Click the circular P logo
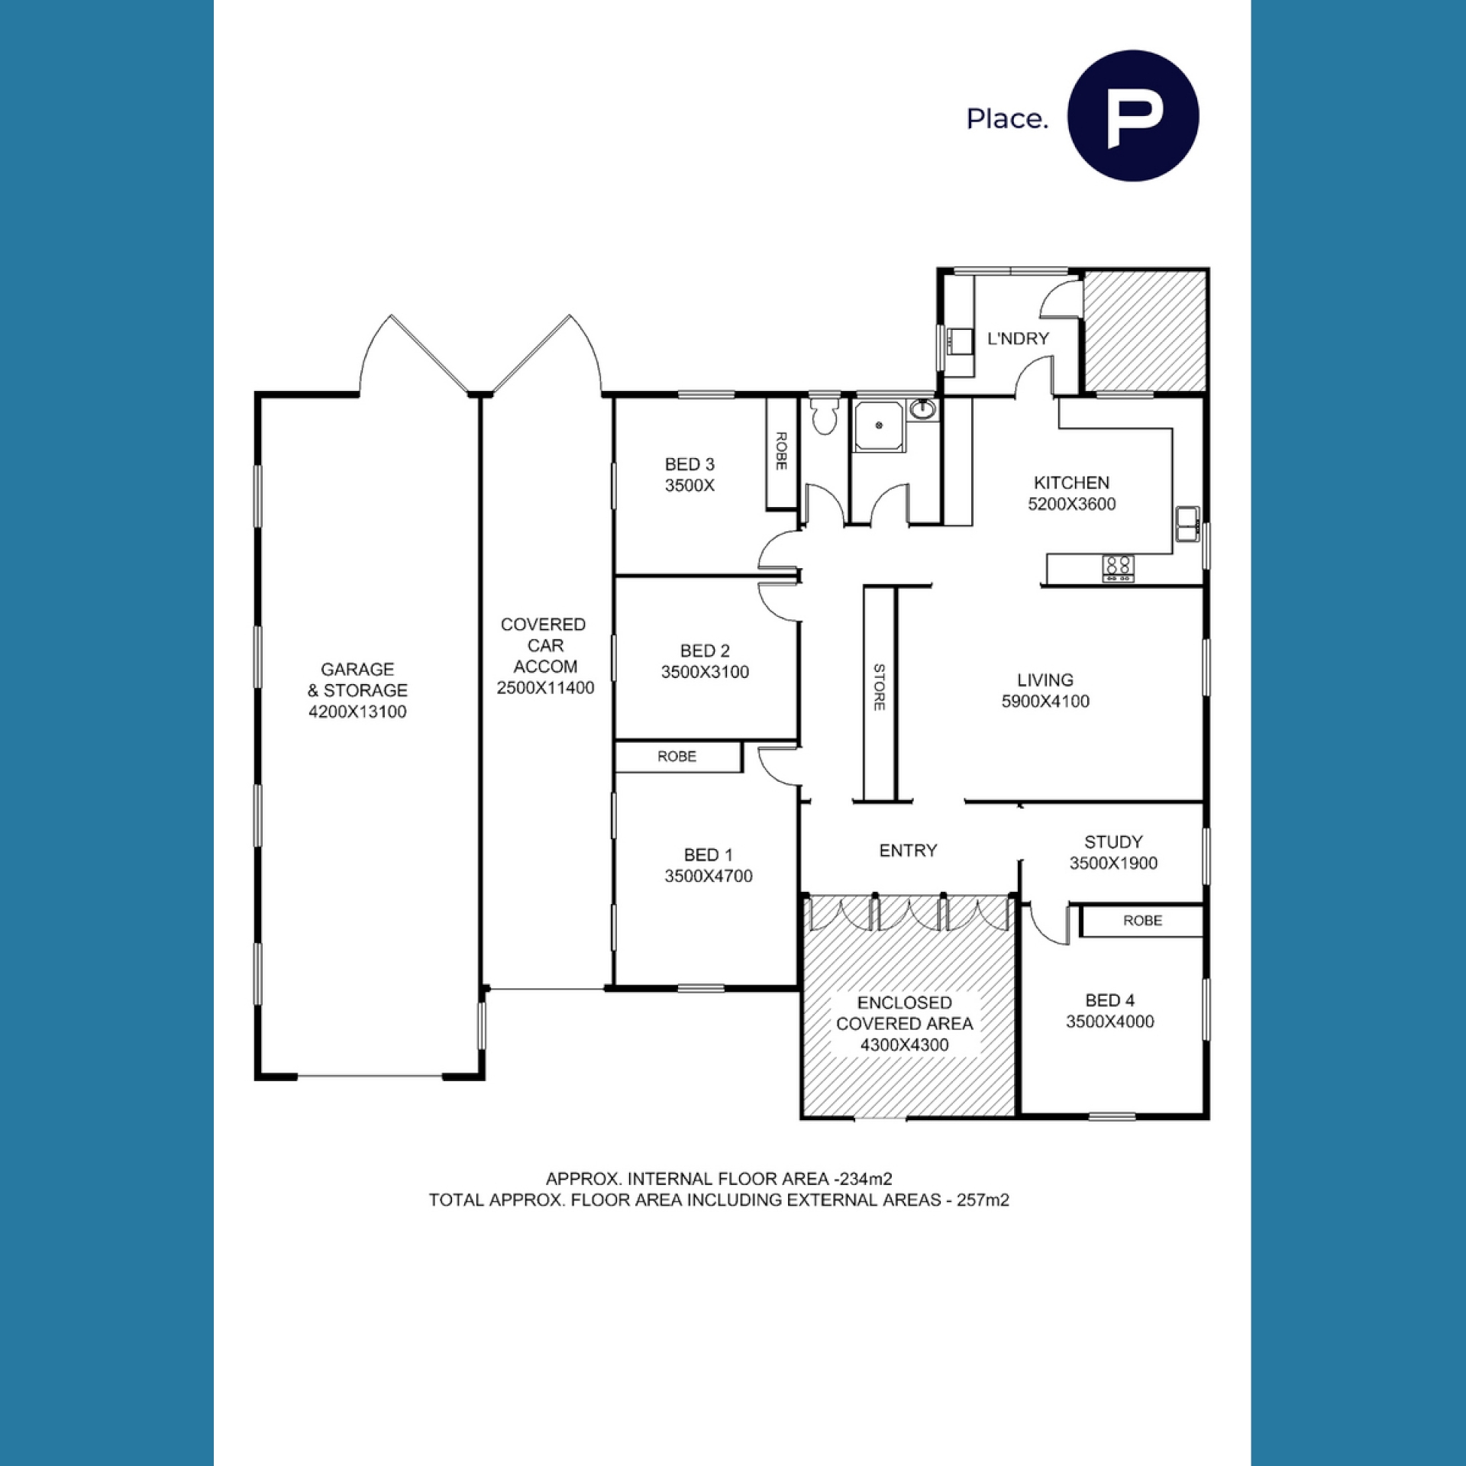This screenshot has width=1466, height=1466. pyautogui.click(x=1132, y=116)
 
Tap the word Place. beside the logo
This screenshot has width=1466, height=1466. pyautogui.click(x=1007, y=118)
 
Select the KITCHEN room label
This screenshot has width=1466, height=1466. pyautogui.click(x=1071, y=483)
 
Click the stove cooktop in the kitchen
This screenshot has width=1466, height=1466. pyautogui.click(x=1118, y=568)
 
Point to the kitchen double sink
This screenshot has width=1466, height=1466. pyautogui.click(x=1187, y=524)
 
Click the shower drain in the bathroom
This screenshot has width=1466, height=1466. pyautogui.click(x=879, y=425)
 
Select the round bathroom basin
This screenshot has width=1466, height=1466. pyautogui.click(x=923, y=410)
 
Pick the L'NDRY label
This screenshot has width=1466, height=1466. pyautogui.click(x=1018, y=338)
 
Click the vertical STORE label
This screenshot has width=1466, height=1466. pyautogui.click(x=879, y=687)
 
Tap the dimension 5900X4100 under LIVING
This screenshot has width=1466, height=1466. pyautogui.click(x=1045, y=701)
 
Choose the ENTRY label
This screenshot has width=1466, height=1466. pyautogui.click(x=908, y=851)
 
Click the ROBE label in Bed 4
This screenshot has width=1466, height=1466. pyautogui.click(x=1142, y=921)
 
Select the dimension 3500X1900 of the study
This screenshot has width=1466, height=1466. pyautogui.click(x=1113, y=863)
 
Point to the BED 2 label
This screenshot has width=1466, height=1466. pyautogui.click(x=705, y=651)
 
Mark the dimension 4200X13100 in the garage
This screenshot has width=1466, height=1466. pyautogui.click(x=357, y=712)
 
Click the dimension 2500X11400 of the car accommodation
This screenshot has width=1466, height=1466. pyautogui.click(x=545, y=687)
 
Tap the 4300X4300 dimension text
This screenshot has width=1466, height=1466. pyautogui.click(x=905, y=1045)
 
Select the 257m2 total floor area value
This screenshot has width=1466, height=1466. pyautogui.click(x=983, y=1200)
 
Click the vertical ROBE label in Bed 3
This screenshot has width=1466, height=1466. pyautogui.click(x=781, y=450)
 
